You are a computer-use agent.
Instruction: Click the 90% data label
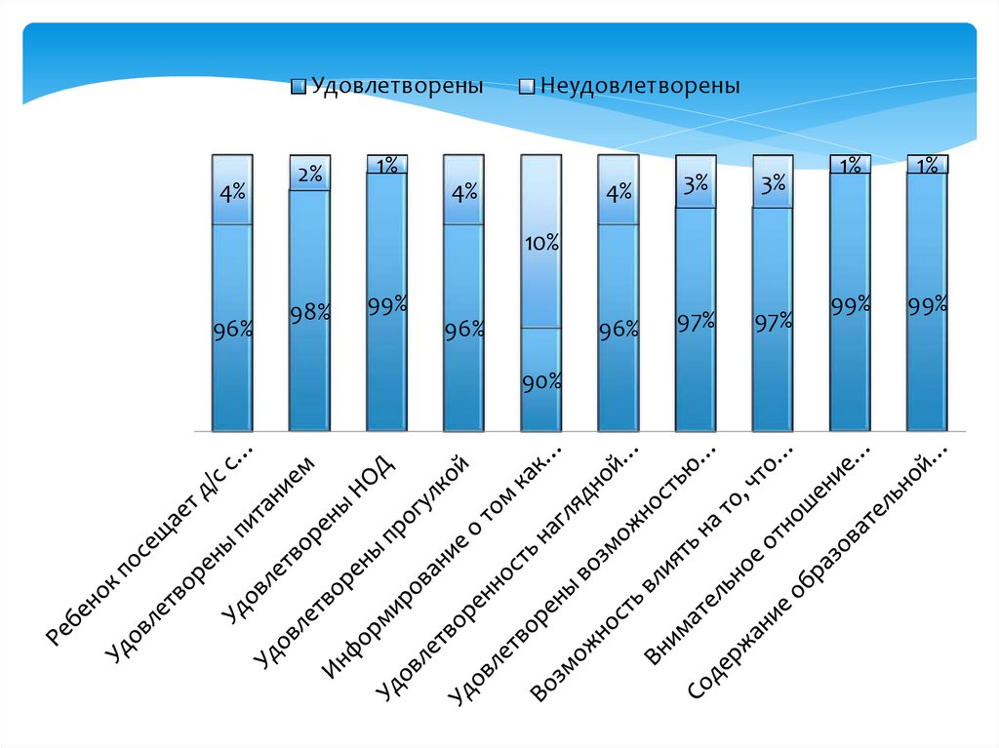540,382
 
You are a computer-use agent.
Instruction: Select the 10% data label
540,243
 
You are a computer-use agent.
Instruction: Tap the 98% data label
309,313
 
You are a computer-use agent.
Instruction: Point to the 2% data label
309,174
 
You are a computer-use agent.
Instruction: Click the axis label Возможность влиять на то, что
662,575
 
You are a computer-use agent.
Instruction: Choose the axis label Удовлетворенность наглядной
508,575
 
